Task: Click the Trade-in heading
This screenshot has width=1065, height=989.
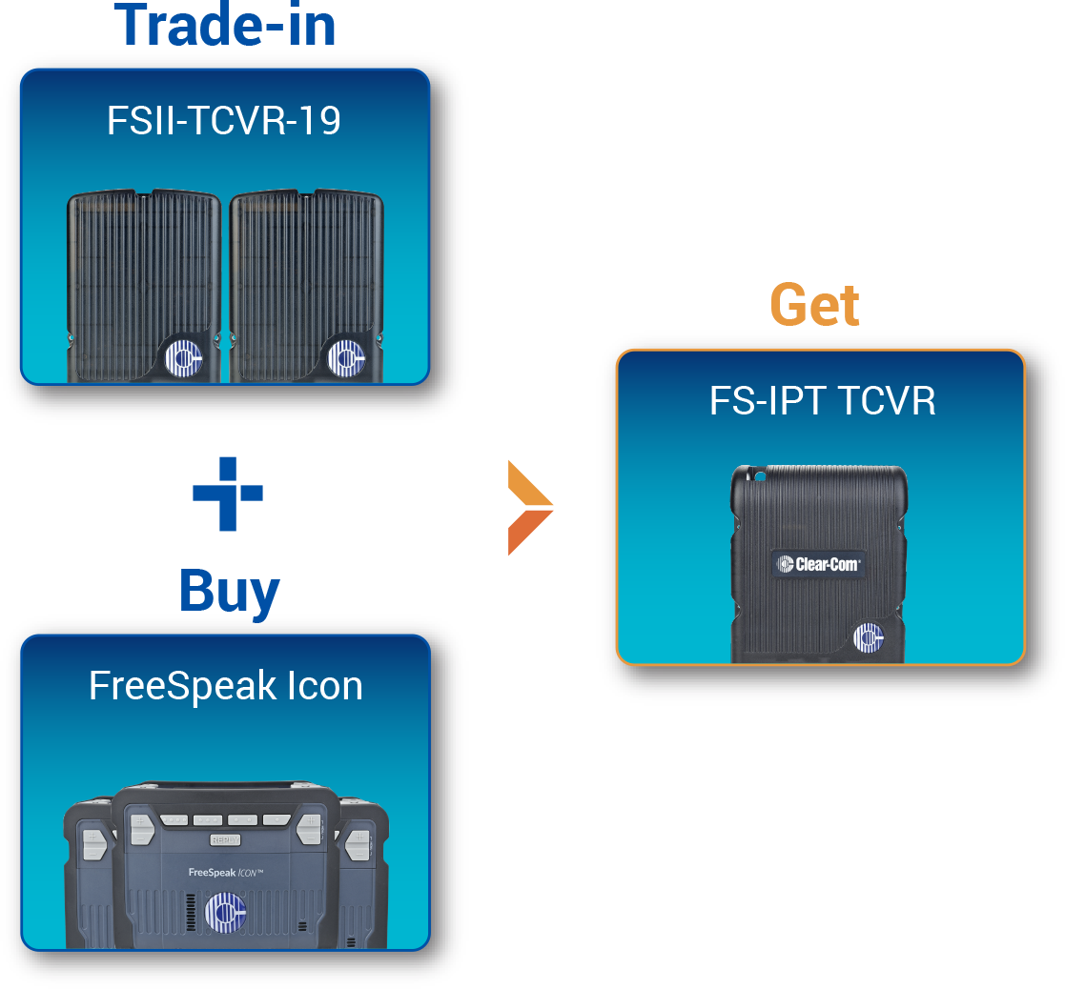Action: (x=229, y=26)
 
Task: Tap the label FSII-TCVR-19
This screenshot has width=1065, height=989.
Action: (x=224, y=122)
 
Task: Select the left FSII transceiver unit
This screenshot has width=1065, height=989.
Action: (x=143, y=286)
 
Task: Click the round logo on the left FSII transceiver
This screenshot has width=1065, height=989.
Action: (x=182, y=357)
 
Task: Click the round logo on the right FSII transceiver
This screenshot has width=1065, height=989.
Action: (x=344, y=357)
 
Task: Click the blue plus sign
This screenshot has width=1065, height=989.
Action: (x=228, y=494)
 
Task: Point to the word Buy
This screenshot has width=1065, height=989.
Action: (x=229, y=593)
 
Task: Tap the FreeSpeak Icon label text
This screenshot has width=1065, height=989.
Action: (x=225, y=686)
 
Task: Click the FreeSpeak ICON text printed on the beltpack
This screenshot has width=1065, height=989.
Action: (x=225, y=870)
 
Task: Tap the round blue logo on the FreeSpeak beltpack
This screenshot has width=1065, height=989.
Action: (x=225, y=912)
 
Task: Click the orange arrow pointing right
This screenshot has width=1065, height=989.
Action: (x=529, y=507)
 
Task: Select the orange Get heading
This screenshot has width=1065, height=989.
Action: (x=814, y=305)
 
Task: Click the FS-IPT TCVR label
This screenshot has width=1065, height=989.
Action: (x=822, y=401)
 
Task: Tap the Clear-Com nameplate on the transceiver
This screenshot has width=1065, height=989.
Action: (x=819, y=564)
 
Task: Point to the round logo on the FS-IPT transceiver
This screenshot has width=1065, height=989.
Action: (x=869, y=636)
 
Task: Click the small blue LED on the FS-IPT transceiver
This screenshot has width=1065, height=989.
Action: (x=760, y=474)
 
